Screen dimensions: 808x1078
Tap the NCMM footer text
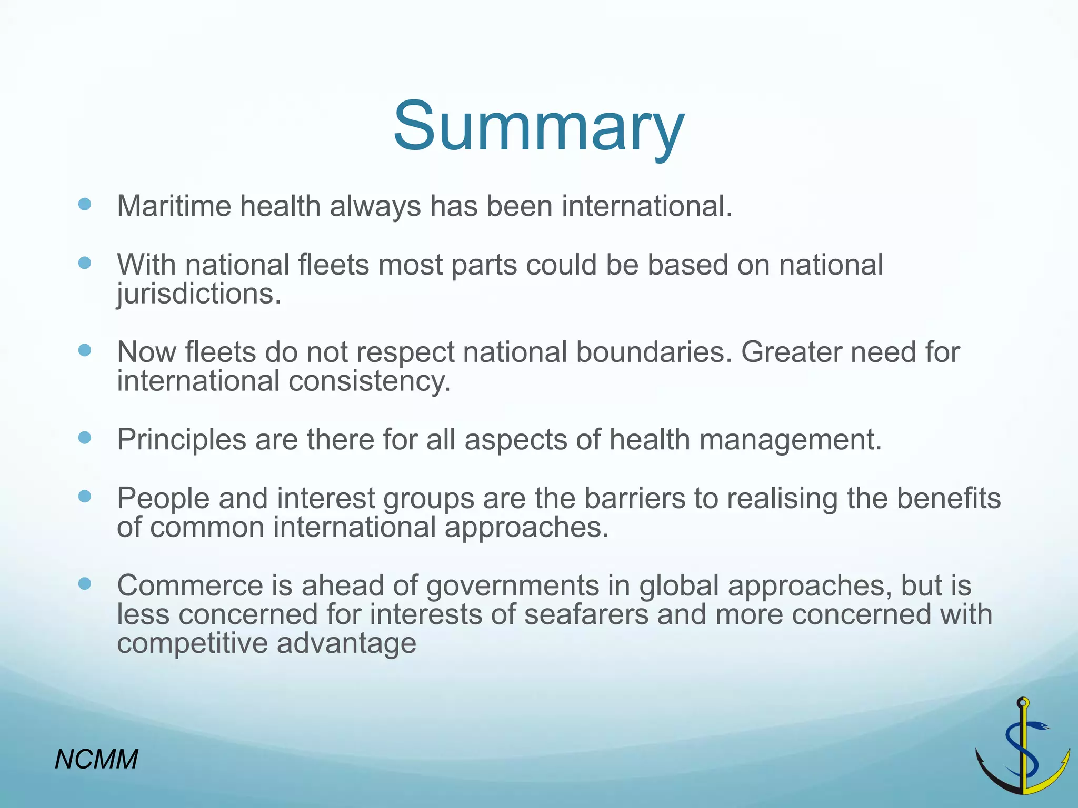coord(96,759)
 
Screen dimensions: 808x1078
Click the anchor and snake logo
coord(1023,747)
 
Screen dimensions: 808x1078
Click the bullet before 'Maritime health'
coord(84,204)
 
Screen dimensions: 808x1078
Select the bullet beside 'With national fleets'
coord(84,262)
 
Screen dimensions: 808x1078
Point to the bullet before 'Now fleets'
coord(84,350)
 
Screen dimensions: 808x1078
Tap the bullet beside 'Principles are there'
coord(84,438)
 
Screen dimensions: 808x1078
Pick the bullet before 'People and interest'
coord(84,496)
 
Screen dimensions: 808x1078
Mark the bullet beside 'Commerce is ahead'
coord(84,583)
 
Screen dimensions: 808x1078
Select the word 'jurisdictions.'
coord(199,294)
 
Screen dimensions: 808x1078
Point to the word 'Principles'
coord(181,439)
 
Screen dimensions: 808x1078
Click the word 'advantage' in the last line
coord(346,643)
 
